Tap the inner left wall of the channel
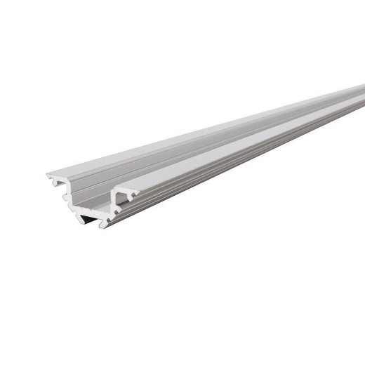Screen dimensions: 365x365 click(140, 168)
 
